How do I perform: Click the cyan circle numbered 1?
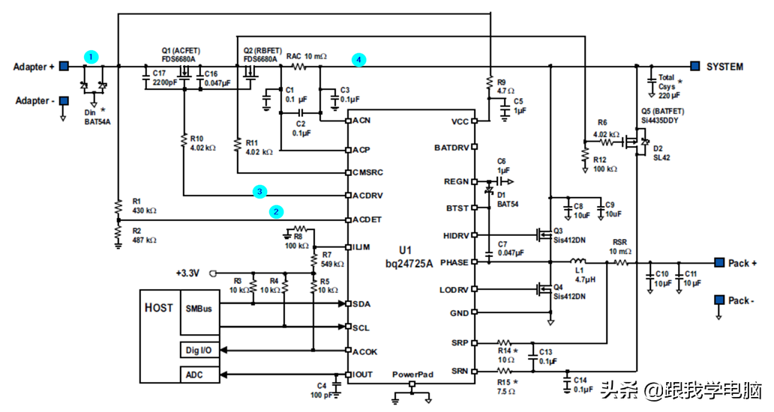click(x=91, y=56)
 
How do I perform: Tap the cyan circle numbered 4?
click(x=359, y=58)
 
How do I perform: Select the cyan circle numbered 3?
click(x=259, y=192)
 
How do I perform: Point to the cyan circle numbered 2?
click(x=277, y=212)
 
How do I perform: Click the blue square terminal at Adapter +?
click(x=64, y=67)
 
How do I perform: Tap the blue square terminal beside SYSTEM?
click(x=695, y=67)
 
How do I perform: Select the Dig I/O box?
click(x=197, y=350)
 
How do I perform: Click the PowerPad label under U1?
click(x=412, y=374)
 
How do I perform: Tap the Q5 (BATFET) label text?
click(x=663, y=110)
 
